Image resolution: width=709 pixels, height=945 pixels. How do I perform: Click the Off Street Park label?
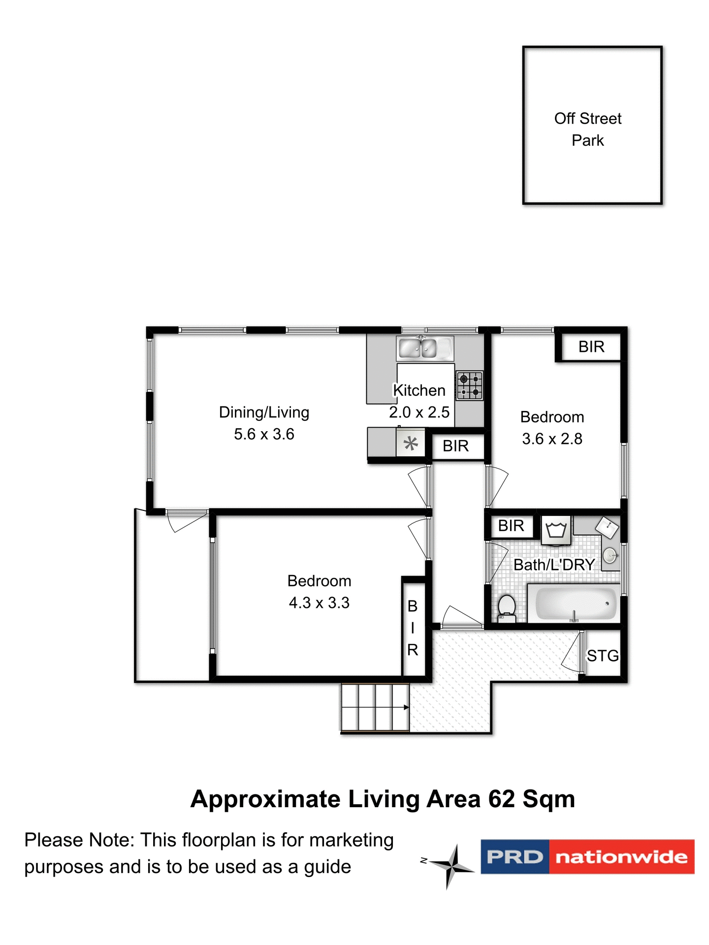[x=587, y=129]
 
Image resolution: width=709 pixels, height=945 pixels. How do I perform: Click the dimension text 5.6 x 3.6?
[x=264, y=434]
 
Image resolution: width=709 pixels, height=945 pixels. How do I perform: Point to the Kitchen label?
[x=419, y=390]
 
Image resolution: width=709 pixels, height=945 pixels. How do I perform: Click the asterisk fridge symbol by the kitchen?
[x=411, y=444]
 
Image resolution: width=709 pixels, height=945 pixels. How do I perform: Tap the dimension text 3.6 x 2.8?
[x=552, y=439]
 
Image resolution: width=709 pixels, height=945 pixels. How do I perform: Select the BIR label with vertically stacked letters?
[x=413, y=628]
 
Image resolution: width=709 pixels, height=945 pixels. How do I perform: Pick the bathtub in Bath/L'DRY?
[x=574, y=603]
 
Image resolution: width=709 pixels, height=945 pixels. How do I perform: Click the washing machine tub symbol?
[x=556, y=531]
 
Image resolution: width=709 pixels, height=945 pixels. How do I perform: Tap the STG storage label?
[x=602, y=656]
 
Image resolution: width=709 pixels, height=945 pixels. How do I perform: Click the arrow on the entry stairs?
[x=406, y=707]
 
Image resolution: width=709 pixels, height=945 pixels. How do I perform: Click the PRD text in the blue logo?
[x=515, y=857]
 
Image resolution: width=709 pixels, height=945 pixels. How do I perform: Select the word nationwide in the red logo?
[x=621, y=857]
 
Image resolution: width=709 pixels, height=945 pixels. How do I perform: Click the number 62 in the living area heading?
[x=501, y=799]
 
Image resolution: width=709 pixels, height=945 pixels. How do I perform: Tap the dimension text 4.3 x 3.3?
[x=319, y=602]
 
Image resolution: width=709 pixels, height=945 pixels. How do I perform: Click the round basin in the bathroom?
[x=610, y=555]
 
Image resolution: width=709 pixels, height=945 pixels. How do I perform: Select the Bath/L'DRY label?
[x=554, y=565]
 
